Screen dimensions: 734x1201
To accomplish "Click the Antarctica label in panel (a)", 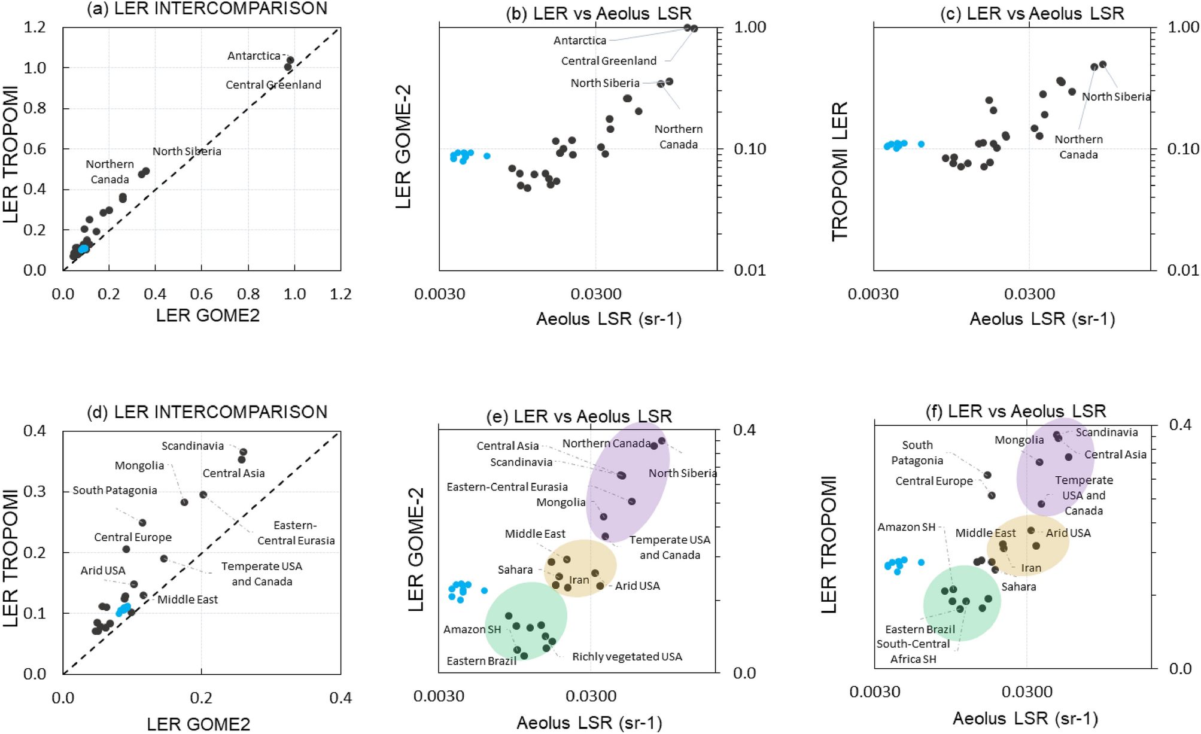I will click(x=254, y=56).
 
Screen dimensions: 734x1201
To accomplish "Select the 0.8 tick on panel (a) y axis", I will click(x=35, y=108).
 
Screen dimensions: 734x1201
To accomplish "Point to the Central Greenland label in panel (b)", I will click(x=608, y=61).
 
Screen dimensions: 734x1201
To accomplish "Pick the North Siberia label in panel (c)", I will click(x=1115, y=97).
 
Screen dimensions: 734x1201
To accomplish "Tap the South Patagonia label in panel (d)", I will click(x=115, y=491).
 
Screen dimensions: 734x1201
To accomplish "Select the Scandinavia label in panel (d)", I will click(x=193, y=446).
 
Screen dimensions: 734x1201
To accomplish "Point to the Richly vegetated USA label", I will click(x=627, y=657).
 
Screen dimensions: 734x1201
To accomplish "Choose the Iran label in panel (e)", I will click(x=579, y=580).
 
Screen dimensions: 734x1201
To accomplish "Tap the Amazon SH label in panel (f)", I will click(x=906, y=527).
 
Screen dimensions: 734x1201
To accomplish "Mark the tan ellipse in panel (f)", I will click(x=1028, y=544).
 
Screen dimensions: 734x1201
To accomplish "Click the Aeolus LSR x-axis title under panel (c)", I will click(x=1042, y=319).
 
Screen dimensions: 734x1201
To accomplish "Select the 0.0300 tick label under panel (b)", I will click(x=595, y=294).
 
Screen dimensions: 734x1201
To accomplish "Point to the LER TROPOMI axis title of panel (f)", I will click(x=829, y=544).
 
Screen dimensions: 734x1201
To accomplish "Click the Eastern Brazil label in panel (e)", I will click(x=481, y=661).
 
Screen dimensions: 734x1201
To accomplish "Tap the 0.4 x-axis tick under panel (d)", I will click(x=340, y=698).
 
